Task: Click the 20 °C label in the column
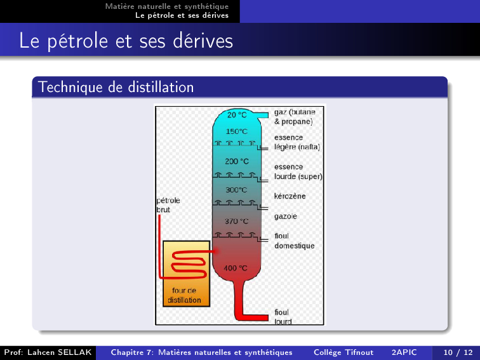[237, 115]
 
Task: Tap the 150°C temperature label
[236, 131]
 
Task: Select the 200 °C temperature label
[237, 161]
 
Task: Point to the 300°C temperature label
[236, 190]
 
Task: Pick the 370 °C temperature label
[236, 221]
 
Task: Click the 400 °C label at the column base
[235, 268]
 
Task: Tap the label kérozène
[290, 196]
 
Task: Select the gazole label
[285, 217]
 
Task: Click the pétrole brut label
[168, 205]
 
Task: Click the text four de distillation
[184, 295]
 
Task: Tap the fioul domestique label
[294, 241]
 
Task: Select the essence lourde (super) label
[298, 171]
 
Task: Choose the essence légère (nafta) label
[297, 142]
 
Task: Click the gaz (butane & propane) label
[295, 117]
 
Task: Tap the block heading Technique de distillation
[116, 87]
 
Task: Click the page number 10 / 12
[458, 352]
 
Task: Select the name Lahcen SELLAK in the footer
[60, 352]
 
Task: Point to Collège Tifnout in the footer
[343, 352]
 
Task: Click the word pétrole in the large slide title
[77, 41]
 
